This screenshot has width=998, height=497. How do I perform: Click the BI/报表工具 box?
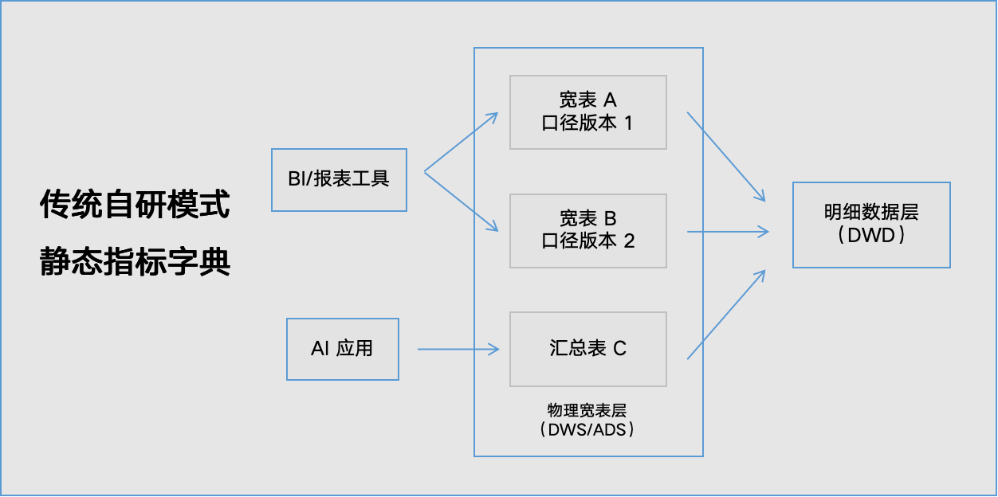[339, 179]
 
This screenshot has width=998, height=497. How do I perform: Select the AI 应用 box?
[342, 349]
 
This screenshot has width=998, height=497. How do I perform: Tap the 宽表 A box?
[587, 112]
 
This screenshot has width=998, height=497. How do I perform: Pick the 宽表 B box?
[587, 230]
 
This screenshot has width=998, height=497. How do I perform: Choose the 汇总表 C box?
[587, 349]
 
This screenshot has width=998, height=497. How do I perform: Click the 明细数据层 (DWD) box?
[871, 225]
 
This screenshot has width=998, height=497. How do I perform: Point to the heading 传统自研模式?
[135, 205]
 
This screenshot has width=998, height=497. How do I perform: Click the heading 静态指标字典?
[135, 262]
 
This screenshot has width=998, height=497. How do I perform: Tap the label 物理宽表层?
[587, 410]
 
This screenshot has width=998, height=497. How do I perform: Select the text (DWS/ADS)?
[587, 429]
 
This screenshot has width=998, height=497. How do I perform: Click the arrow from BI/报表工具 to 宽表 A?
[461, 142]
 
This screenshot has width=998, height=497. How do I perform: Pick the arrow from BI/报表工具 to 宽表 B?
[461, 201]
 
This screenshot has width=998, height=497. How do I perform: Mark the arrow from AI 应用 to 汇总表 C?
[458, 349]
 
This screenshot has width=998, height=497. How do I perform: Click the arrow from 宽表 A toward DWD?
[726, 156]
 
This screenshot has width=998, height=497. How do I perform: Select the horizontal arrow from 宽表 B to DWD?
[727, 232]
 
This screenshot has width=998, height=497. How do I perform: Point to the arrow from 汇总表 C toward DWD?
[726, 315]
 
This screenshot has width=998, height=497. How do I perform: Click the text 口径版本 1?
[587, 123]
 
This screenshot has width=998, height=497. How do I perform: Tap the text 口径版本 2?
[587, 241]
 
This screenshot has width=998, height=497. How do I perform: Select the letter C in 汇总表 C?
[619, 349]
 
